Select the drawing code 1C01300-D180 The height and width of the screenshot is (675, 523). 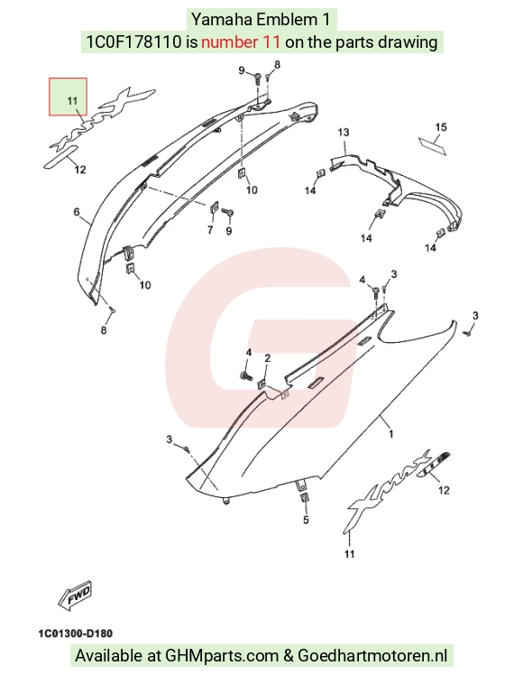[x=75, y=633]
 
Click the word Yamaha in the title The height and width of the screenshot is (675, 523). [x=222, y=19]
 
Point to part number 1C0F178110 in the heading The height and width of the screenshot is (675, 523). [x=134, y=42]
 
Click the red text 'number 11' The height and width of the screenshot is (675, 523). [x=241, y=42]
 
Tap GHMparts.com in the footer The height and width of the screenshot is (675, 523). [x=222, y=656]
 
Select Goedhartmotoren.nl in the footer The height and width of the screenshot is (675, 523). [x=372, y=656]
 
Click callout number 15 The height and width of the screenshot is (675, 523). [x=441, y=127]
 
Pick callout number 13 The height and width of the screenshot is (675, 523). [x=344, y=132]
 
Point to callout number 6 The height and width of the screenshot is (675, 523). [x=77, y=212]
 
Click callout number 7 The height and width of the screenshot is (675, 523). [x=210, y=230]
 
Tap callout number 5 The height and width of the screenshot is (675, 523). [x=306, y=520]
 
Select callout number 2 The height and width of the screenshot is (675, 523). [x=268, y=358]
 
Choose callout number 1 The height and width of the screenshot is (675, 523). [x=390, y=434]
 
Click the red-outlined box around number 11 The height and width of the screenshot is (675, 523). [x=68, y=97]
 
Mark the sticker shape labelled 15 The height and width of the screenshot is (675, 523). [x=433, y=146]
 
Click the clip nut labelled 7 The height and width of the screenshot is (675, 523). [x=214, y=208]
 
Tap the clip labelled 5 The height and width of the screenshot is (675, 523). [x=304, y=498]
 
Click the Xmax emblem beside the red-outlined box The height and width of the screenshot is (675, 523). [x=103, y=118]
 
